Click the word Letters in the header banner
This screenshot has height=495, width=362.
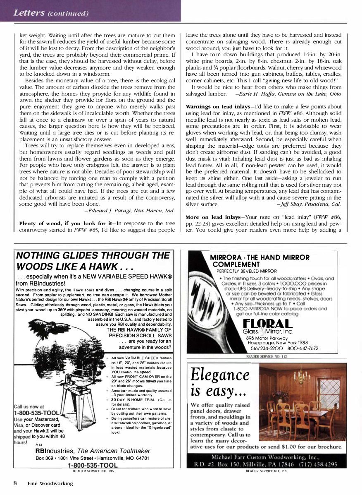(29, 13)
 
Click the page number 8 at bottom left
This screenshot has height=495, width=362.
(15, 483)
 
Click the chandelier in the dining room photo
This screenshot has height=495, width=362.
(303, 377)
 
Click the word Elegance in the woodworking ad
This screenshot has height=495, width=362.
(220, 375)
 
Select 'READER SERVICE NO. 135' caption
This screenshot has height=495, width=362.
(93, 471)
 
